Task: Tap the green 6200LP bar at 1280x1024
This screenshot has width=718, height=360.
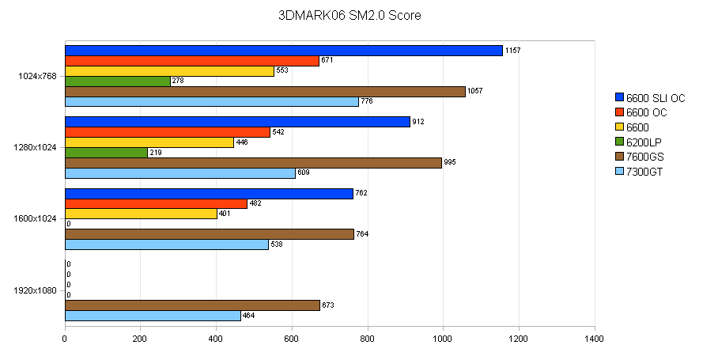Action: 106,153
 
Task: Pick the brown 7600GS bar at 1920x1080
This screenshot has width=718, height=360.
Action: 192,305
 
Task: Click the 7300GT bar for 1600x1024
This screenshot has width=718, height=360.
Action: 167,244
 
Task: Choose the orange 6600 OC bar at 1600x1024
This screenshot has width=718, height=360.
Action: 156,204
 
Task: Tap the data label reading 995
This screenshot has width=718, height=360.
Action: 451,163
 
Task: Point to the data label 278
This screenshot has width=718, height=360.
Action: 179,81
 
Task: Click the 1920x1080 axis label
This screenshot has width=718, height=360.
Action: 36,290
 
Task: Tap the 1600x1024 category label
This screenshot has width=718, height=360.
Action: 36,219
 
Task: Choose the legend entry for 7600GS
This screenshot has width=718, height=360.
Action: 645,157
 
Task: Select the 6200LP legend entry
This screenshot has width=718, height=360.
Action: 645,142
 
